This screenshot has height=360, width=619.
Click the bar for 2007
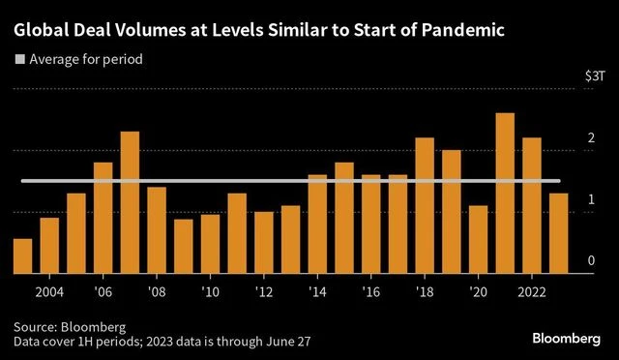[130, 202]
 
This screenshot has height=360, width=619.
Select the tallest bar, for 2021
[504, 194]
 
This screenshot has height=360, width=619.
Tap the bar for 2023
[558, 233]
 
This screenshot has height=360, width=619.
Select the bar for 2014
[317, 224]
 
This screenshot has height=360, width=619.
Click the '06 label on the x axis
[103, 291]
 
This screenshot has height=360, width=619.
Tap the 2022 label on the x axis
[531, 291]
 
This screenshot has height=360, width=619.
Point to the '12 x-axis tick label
[263, 291]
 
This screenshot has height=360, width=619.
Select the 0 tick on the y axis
[591, 261]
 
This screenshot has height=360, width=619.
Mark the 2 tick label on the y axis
[591, 139]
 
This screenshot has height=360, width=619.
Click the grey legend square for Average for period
[18, 60]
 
